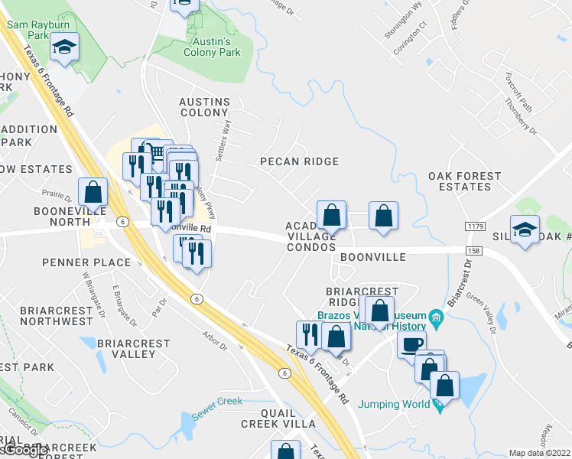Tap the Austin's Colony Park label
pyautogui.click(x=212, y=47)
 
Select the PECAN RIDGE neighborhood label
pyautogui.click(x=299, y=161)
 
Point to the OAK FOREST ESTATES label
pyautogui.click(x=464, y=181)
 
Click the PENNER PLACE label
pyautogui.click(x=76, y=262)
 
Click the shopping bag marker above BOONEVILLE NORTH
pyautogui.click(x=93, y=192)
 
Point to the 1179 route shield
pyautogui.click(x=475, y=226)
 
